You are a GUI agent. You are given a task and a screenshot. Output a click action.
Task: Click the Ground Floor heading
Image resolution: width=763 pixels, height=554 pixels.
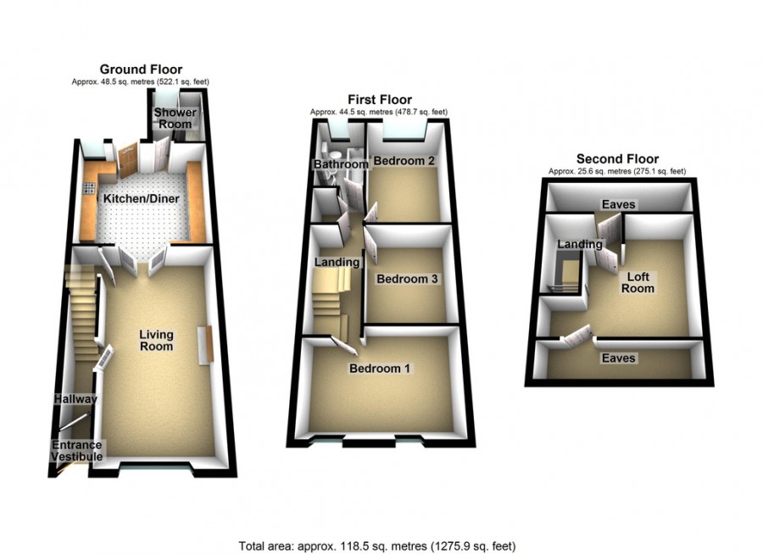pyautogui.click(x=141, y=69)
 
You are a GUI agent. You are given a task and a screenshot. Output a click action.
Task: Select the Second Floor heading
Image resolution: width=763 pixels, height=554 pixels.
pyautogui.click(x=617, y=159)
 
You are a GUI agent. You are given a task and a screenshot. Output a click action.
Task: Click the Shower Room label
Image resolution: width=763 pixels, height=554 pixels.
pyautogui.click(x=175, y=119)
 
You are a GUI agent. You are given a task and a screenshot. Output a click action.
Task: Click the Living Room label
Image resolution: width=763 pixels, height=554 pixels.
pyautogui.click(x=157, y=340)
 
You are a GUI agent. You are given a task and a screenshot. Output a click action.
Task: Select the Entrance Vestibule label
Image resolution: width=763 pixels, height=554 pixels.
pyautogui.click(x=77, y=451)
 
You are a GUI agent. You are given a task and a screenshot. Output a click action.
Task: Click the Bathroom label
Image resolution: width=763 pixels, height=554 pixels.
pyautogui.click(x=341, y=163)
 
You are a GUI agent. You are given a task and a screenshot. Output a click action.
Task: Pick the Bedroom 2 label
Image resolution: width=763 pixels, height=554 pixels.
pyautogui.click(x=405, y=161)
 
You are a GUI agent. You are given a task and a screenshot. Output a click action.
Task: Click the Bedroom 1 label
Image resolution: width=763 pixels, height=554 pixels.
pyautogui.click(x=381, y=368)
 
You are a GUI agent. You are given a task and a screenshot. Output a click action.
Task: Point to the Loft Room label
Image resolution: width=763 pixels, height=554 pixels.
pyautogui.click(x=638, y=282)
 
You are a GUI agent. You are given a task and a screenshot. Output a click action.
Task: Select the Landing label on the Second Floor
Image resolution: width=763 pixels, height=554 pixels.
pyautogui.click(x=580, y=245)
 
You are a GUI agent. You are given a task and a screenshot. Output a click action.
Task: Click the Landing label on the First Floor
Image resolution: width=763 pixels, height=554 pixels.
pyautogui.click(x=337, y=263)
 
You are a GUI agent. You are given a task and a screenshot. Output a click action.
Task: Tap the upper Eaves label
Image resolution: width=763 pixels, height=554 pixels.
pyautogui.click(x=618, y=204)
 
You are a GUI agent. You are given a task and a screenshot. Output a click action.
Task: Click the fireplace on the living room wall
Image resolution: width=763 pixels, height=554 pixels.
pyautogui.click(x=203, y=346)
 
